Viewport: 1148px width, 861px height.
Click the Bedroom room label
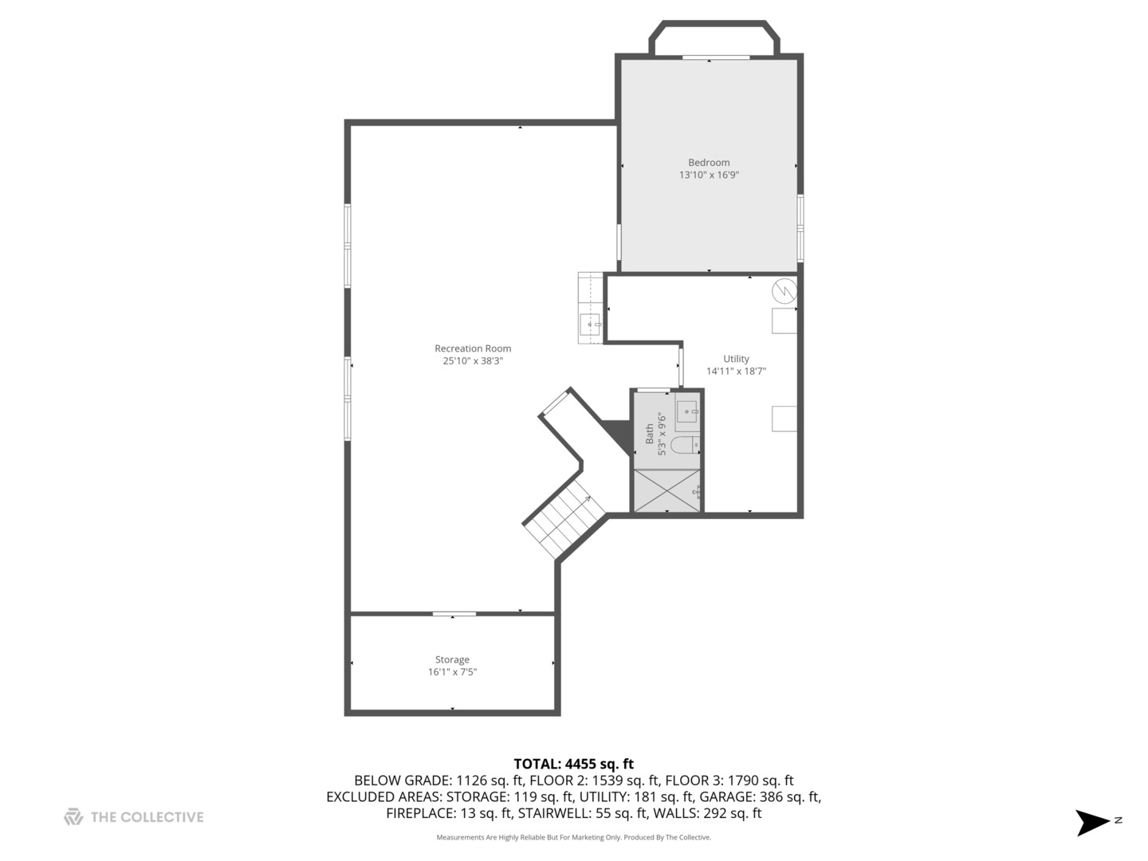coord(709,163)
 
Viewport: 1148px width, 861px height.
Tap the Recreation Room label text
coord(473,348)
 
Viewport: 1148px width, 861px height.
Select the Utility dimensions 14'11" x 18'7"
coord(736,371)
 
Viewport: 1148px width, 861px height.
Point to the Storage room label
coord(452,659)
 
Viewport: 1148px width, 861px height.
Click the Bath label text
coord(649,434)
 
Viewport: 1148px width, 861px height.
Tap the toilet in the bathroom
coord(683,445)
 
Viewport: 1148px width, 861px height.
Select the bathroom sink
coord(686,412)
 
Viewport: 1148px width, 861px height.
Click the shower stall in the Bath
coord(666,490)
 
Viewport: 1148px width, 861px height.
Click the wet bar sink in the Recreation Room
coord(591,324)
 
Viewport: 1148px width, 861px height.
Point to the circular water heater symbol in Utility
coord(784,290)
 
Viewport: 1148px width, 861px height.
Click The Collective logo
coord(134,817)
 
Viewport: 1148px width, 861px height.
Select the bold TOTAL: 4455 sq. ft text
coord(573,764)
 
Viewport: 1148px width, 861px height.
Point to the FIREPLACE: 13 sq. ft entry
coord(448,813)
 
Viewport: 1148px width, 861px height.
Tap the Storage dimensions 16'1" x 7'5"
coord(452,672)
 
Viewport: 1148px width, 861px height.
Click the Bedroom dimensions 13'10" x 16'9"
coord(709,175)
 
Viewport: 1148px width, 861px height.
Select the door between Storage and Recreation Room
coord(454,614)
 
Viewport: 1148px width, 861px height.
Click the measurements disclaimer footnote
coord(573,837)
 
